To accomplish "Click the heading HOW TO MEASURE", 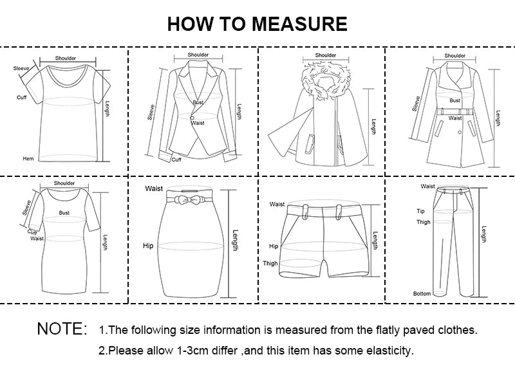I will [257, 24].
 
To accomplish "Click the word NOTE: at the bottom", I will [61, 329].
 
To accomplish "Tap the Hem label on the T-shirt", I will [28, 158].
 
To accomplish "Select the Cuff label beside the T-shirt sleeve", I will [21, 97].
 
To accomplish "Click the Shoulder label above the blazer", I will [198, 55].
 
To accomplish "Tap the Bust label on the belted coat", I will [454, 100].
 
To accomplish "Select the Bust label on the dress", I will [64, 212].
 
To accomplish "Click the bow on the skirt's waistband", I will [184, 198].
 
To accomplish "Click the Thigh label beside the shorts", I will [270, 263].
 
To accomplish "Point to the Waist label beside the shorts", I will [277, 204].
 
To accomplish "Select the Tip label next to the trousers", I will [420, 211].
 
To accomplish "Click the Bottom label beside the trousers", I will [422, 294].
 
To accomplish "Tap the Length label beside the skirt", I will [235, 241].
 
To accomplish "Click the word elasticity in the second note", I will [388, 351].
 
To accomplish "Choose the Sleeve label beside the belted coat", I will [416, 103].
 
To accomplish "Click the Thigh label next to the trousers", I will [423, 222].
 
